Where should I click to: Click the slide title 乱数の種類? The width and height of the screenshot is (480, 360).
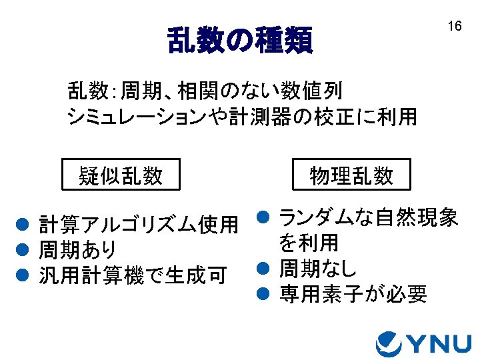pos(239,41)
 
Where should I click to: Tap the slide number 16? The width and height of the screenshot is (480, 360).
pos(454,27)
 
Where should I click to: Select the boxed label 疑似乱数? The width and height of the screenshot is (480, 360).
pos(121,175)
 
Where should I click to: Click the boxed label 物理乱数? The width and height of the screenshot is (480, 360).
pos(351,175)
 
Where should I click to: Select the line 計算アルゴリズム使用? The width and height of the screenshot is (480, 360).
pos(139,225)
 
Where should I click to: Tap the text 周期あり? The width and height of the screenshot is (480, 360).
pos(78,251)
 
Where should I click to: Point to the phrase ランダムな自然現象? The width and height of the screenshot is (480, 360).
pos(368,217)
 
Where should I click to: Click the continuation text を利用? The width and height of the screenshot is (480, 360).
pos(309,242)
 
